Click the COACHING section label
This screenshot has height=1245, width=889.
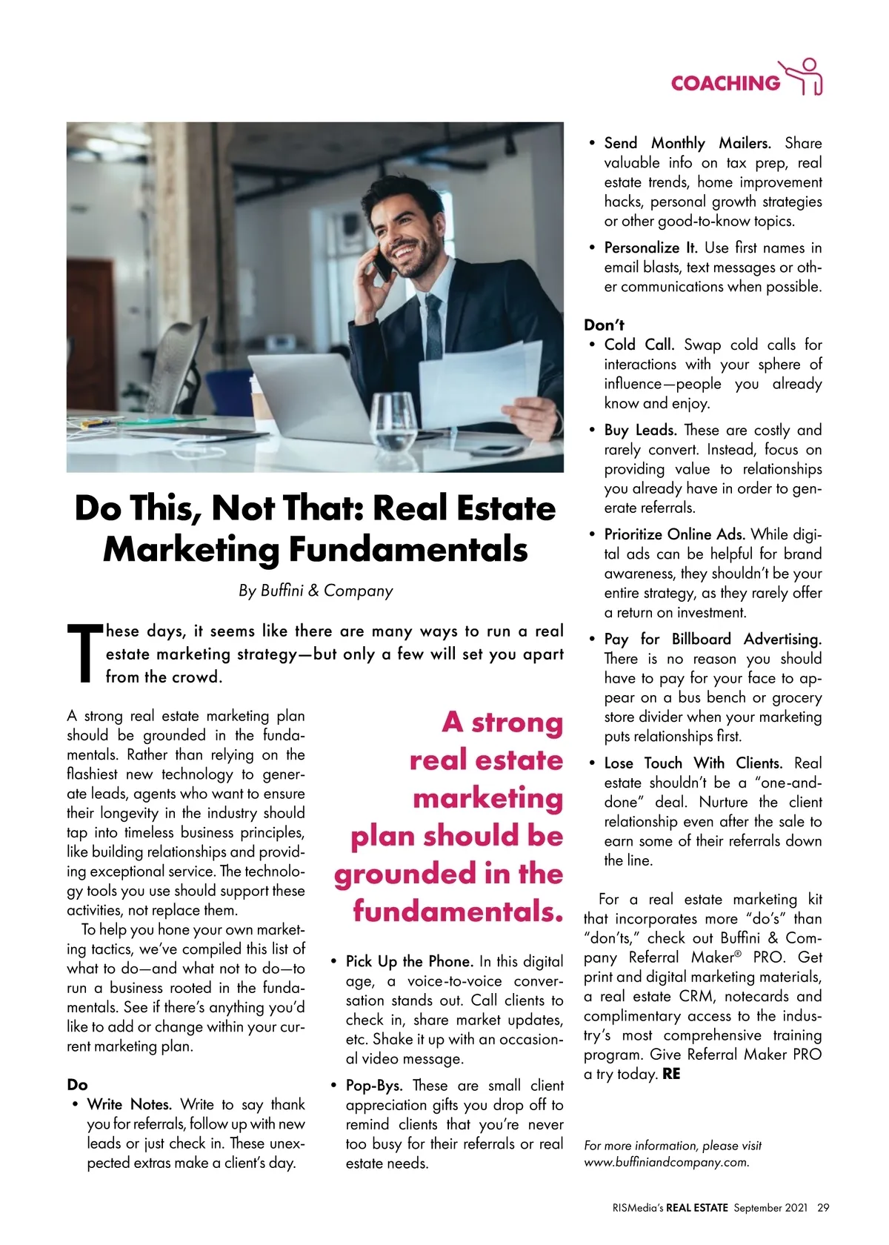pyautogui.click(x=725, y=83)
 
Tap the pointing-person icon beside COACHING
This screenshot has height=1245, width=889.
pyautogui.click(x=803, y=77)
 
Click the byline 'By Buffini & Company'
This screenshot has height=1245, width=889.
pyautogui.click(x=316, y=591)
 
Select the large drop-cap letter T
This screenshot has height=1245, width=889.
pyautogui.click(x=83, y=652)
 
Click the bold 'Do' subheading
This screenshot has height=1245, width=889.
pyautogui.click(x=77, y=1085)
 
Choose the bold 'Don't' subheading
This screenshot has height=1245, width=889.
pyautogui.click(x=604, y=325)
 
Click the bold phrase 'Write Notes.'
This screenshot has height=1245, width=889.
pyautogui.click(x=130, y=1104)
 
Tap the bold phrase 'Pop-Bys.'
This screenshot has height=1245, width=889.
pyautogui.click(x=374, y=1086)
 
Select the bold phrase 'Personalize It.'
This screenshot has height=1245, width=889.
pyautogui.click(x=650, y=248)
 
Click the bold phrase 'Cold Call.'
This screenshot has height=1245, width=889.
pyautogui.click(x=639, y=345)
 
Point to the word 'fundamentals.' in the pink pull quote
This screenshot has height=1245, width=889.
pyautogui.click(x=458, y=912)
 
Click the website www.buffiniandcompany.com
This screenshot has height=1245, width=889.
pyautogui.click(x=666, y=1162)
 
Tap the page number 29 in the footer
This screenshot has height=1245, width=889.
pyautogui.click(x=823, y=1207)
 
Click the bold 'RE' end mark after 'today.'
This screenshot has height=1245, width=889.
pyautogui.click(x=671, y=1074)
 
